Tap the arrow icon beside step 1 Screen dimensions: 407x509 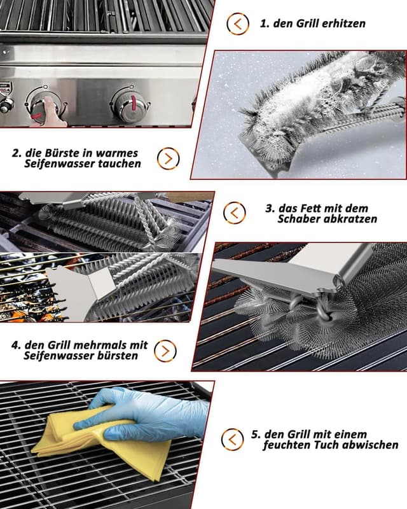(x=238, y=24)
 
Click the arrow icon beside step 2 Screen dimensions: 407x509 (x=168, y=158)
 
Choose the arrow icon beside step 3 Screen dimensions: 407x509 (x=234, y=213)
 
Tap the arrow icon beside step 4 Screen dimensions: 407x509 (x=165, y=351)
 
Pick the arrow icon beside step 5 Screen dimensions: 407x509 (x=232, y=440)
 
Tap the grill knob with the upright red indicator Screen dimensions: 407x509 (x=130, y=103)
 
